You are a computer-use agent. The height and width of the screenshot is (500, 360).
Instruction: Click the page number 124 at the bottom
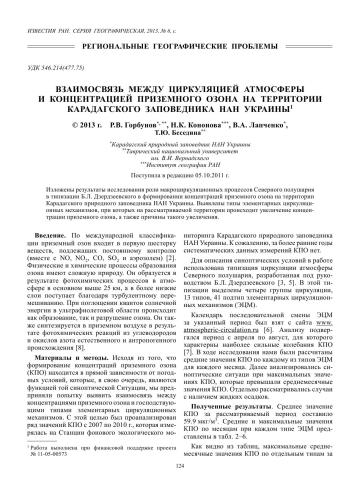(x=180, y=491)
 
